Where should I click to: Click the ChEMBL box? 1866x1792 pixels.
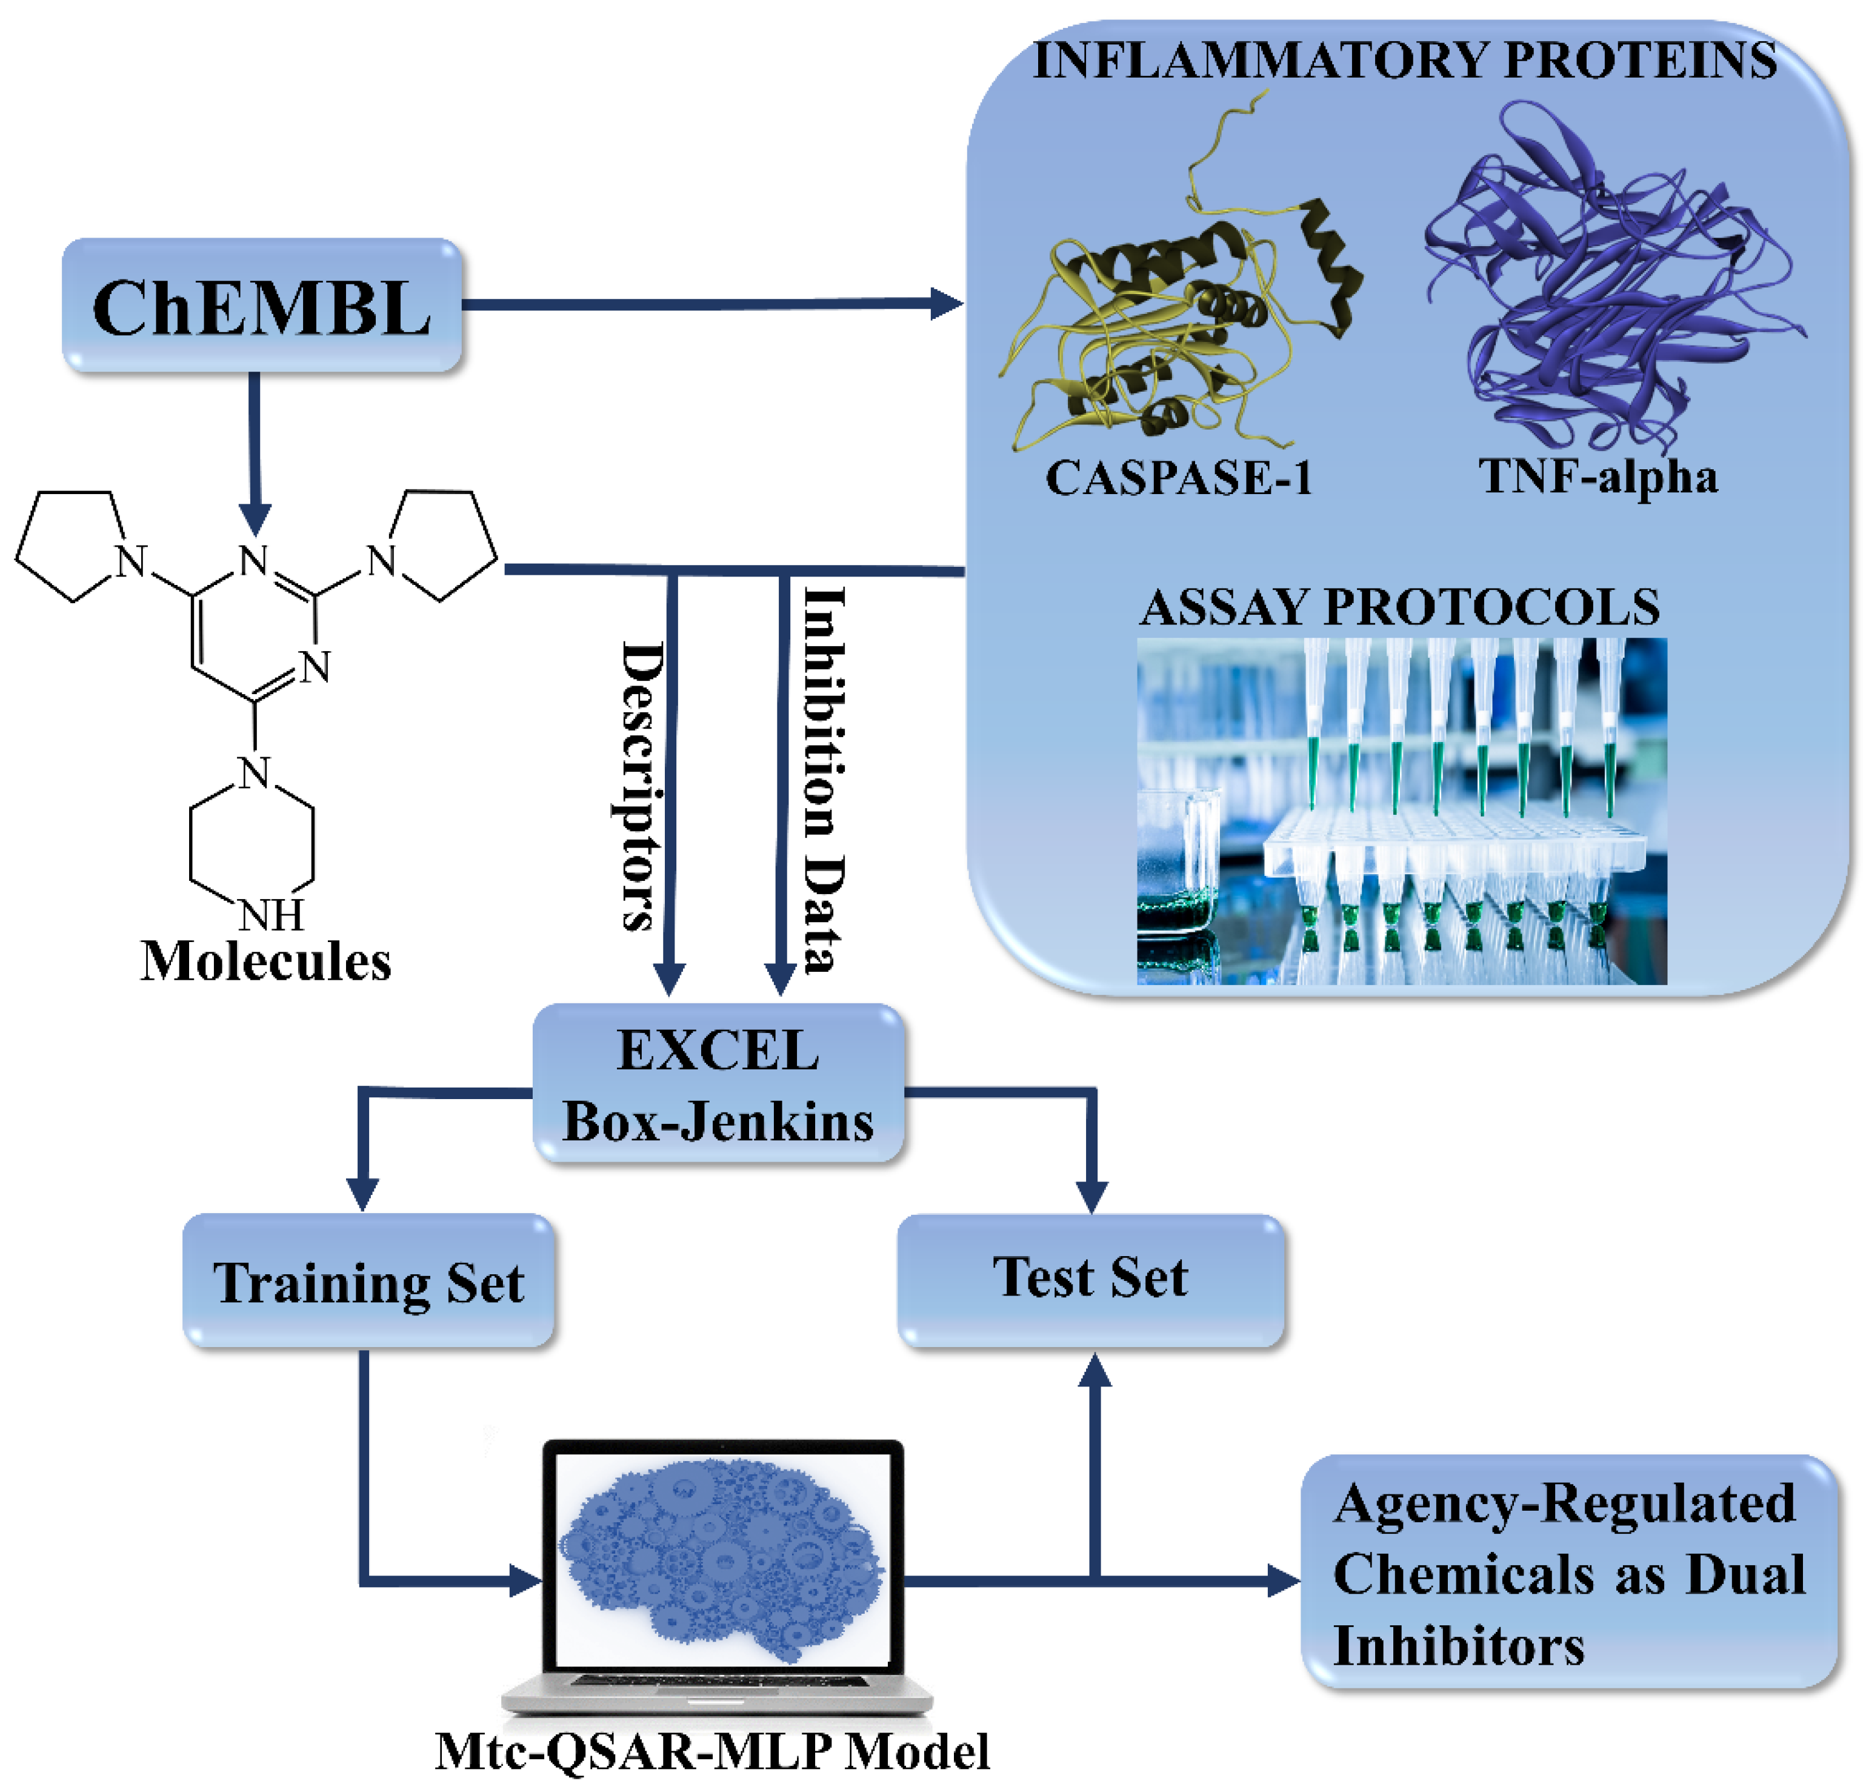262,307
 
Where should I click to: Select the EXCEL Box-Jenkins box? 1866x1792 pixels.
718,1085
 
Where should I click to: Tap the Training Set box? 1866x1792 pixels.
367,1281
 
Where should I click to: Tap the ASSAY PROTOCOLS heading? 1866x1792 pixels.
1399,607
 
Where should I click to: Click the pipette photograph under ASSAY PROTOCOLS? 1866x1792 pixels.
1401,811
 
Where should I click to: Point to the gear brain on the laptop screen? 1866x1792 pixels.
721,1562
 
